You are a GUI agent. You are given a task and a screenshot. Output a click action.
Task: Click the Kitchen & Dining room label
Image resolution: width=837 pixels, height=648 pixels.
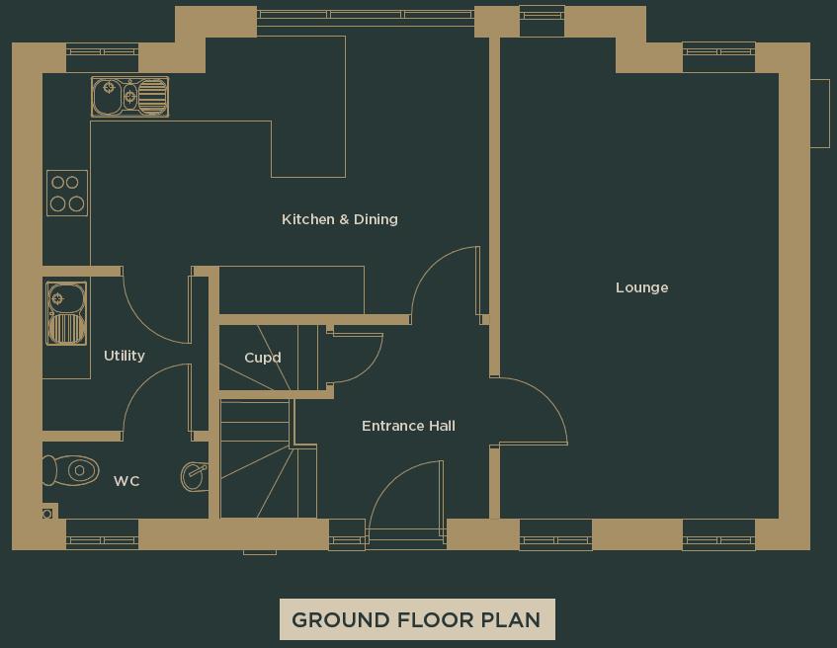340,219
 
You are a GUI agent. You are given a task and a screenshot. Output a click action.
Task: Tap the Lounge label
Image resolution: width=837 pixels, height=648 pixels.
641,287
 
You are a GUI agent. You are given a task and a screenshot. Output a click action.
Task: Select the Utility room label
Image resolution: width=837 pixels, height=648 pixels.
125,356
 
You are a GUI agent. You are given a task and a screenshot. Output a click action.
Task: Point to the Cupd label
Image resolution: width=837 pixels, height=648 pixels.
263,358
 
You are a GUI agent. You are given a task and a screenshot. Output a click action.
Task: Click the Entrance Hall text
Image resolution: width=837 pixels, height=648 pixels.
408,426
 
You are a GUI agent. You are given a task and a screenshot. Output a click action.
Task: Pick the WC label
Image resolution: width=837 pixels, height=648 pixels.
126,481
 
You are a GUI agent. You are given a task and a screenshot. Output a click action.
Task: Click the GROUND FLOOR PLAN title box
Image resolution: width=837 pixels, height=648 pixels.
416,620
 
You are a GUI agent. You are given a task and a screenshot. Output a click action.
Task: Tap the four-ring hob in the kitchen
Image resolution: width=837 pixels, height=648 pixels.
67,193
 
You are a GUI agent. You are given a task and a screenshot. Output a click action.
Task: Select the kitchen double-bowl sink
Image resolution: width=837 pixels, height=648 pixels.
129,97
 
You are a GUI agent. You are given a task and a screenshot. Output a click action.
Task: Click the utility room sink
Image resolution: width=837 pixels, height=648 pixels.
66,313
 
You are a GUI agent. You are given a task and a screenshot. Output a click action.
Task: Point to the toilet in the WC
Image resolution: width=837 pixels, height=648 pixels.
71,470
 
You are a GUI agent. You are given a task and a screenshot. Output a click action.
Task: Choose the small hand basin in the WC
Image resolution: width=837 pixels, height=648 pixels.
195,476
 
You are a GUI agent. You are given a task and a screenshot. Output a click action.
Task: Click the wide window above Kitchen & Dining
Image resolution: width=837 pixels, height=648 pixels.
365,15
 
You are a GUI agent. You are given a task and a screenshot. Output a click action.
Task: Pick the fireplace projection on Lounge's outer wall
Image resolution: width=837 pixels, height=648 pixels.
819,113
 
